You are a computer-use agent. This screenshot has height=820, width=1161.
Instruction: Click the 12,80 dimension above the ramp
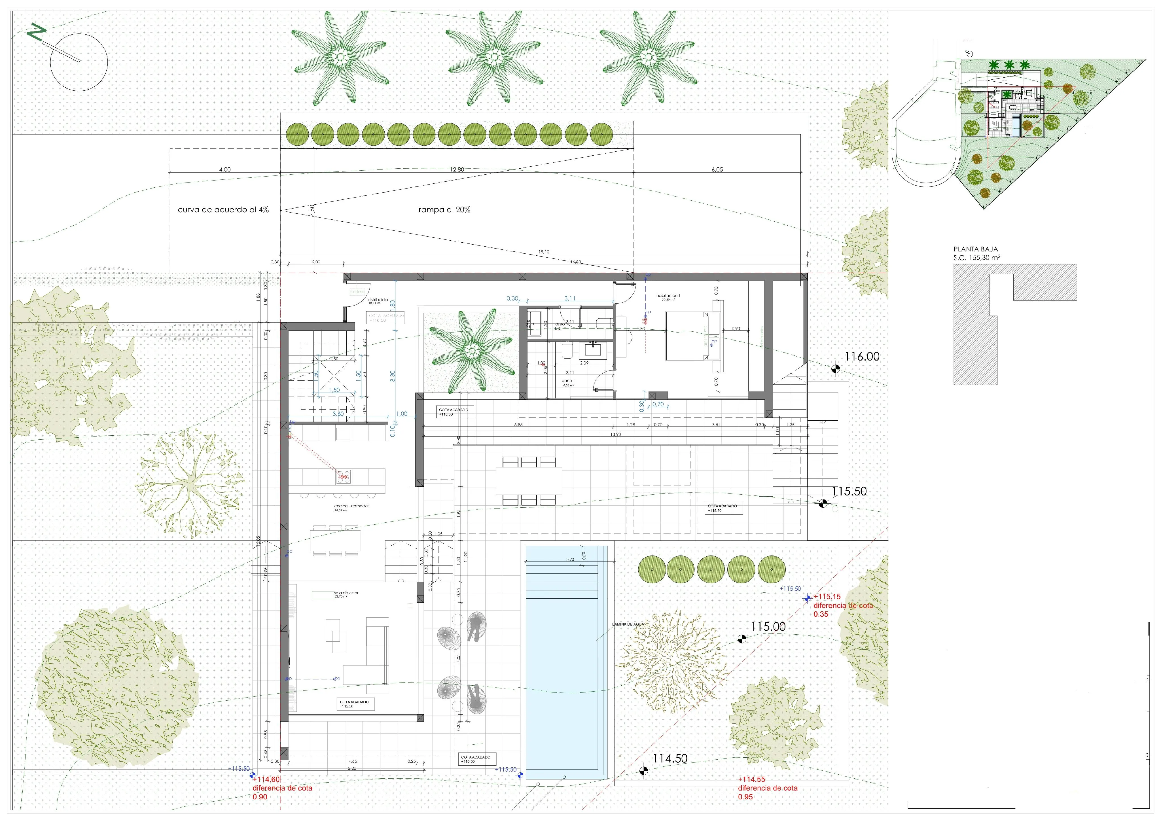[x=457, y=170]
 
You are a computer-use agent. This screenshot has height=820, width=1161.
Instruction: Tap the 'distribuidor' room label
[x=378, y=300]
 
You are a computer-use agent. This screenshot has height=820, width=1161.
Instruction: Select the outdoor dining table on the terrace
[x=528, y=481]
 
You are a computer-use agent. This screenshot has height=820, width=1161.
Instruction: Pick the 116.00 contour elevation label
[x=862, y=356]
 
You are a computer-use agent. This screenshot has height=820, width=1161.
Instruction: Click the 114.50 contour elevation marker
[x=643, y=770]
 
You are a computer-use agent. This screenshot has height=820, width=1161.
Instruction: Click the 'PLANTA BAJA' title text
[x=975, y=249]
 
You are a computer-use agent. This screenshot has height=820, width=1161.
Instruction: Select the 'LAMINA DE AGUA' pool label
[x=628, y=624]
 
